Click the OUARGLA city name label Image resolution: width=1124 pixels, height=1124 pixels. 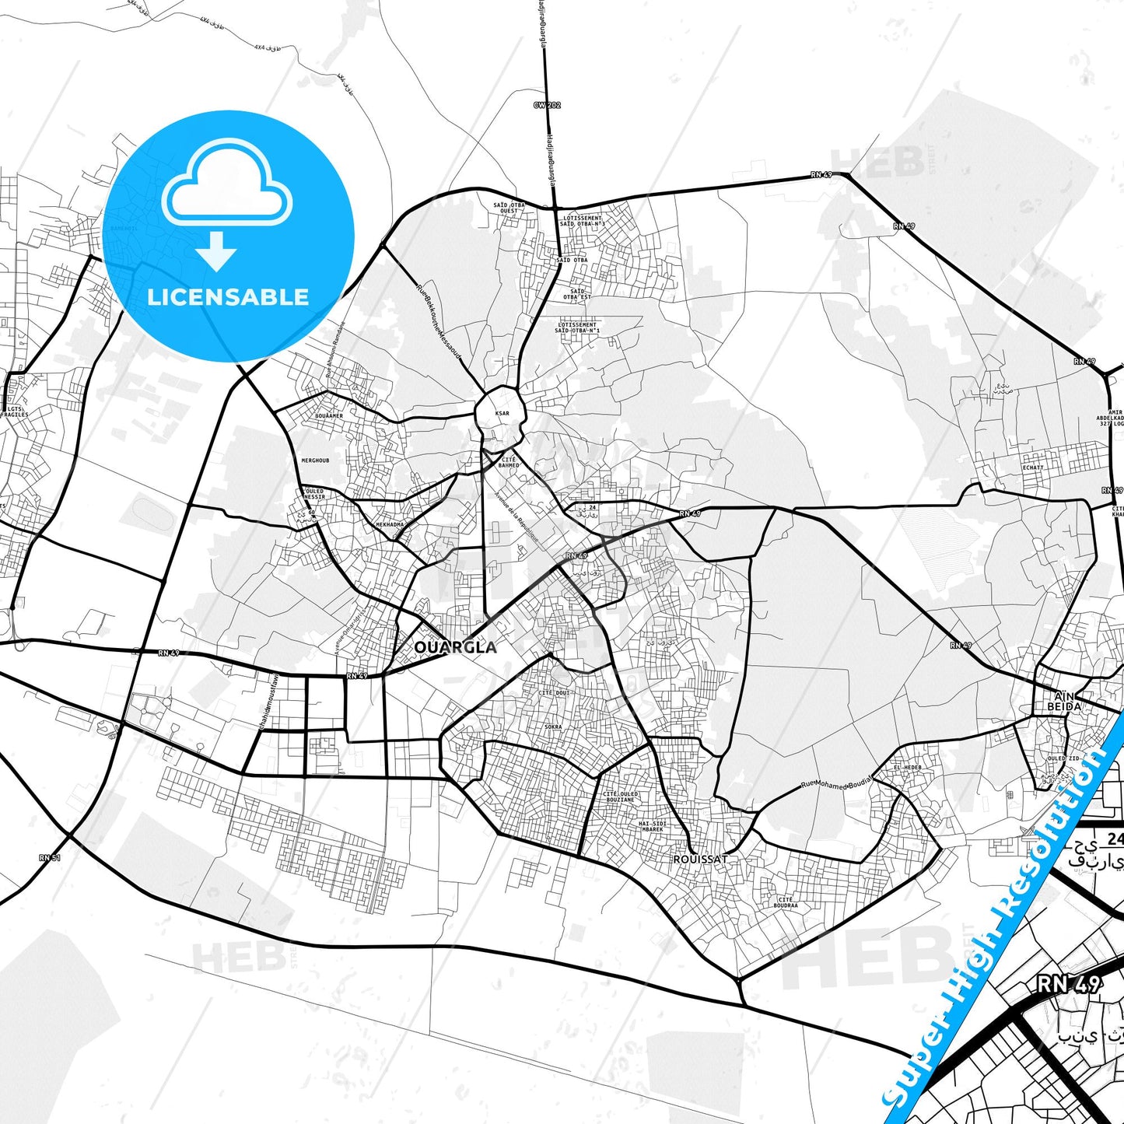point(455,647)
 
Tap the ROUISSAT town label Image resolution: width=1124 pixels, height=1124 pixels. point(700,859)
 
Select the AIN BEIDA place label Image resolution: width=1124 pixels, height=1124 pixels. point(1063,701)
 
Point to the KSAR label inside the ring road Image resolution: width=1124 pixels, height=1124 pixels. point(502,413)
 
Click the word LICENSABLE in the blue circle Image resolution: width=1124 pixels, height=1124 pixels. point(228,296)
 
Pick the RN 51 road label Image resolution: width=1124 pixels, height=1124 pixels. point(50,857)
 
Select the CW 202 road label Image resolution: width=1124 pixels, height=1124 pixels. point(547,105)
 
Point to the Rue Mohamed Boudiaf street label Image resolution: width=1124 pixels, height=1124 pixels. point(837,783)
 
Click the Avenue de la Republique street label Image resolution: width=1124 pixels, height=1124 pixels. point(516,520)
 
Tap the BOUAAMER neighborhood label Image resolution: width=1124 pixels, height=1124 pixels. point(329,416)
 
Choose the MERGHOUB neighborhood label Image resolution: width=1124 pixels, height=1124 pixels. point(315,460)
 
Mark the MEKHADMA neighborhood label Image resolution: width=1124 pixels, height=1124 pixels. point(390,524)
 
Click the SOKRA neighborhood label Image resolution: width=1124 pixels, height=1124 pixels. point(553,727)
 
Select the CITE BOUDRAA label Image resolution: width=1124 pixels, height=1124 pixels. point(786,902)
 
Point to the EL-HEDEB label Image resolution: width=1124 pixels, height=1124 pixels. point(907,767)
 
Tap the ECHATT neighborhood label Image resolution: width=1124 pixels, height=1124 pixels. point(1033,467)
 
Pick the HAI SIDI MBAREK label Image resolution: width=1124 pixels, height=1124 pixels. point(652,826)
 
